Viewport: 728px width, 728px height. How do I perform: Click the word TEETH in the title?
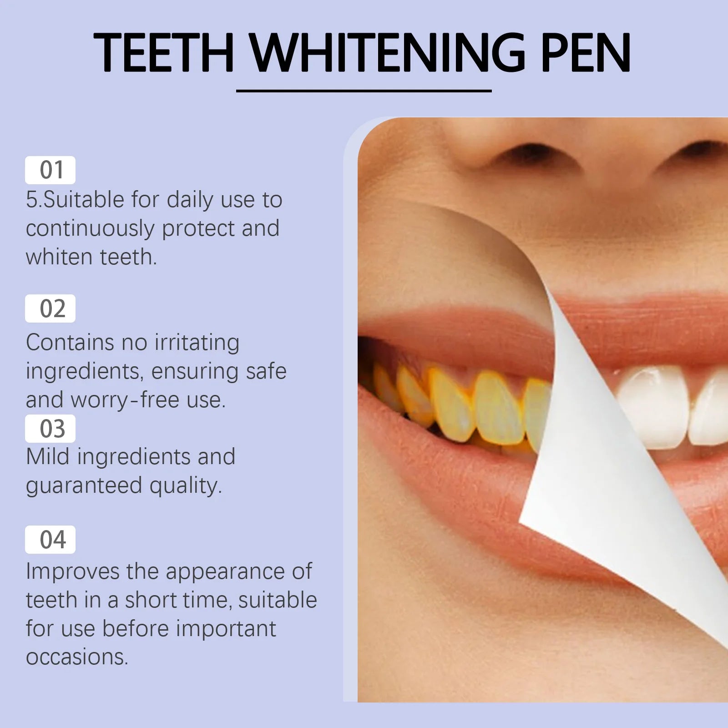coord(163,53)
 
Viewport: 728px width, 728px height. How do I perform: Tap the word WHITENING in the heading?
coord(387,53)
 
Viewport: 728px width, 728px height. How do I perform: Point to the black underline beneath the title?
coord(364,91)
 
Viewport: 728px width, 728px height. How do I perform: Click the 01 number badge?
coord(51,170)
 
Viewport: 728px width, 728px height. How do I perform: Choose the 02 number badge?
coord(51,308)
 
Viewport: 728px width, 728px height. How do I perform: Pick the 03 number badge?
coord(51,429)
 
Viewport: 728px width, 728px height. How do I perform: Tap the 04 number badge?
coord(51,540)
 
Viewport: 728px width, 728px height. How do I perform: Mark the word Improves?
coord(72,572)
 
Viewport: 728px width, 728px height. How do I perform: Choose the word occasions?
coord(77,657)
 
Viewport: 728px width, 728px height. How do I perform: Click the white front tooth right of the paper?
coord(655,405)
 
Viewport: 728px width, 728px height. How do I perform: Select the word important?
coord(226,629)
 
